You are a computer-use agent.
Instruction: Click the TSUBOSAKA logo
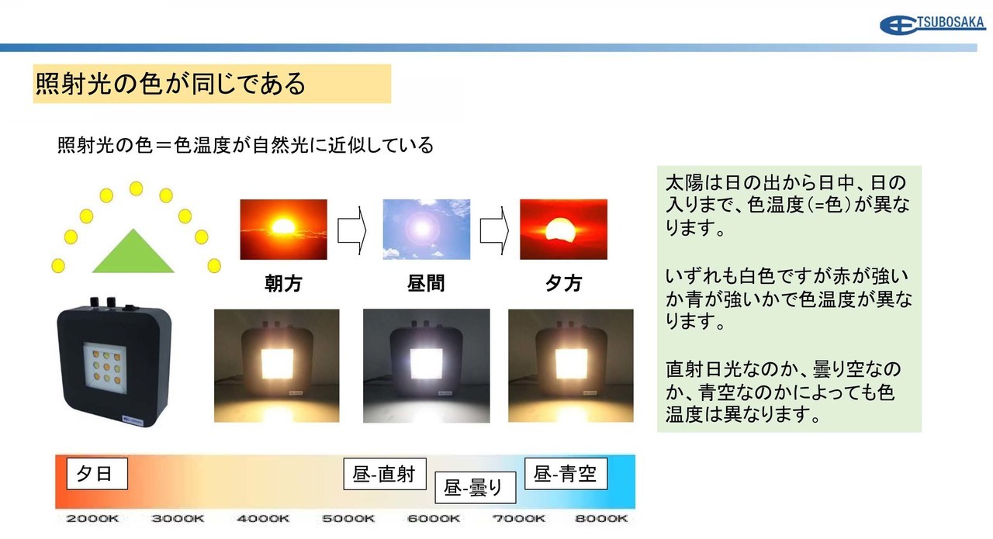pyautogui.click(x=932, y=24)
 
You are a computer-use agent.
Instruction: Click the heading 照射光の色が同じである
pyautogui.click(x=171, y=83)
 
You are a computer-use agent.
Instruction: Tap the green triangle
pyautogui.click(x=133, y=250)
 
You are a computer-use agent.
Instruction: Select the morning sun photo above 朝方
pyautogui.click(x=284, y=229)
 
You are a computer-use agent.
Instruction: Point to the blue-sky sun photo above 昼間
pyautogui.click(x=427, y=229)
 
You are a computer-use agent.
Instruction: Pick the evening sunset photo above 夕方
pyautogui.click(x=563, y=229)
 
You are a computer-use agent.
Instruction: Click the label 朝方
pyautogui.click(x=283, y=283)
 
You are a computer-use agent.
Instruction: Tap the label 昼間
pyautogui.click(x=426, y=283)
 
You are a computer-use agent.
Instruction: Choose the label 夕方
pyautogui.click(x=563, y=283)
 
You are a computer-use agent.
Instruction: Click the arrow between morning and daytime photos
pyautogui.click(x=352, y=230)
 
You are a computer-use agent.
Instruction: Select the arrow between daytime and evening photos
pyautogui.click(x=494, y=230)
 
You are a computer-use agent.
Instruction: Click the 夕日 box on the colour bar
pyautogui.click(x=97, y=473)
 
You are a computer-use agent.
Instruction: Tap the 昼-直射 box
pyautogui.click(x=385, y=474)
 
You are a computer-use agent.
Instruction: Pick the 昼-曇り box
pyautogui.click(x=476, y=488)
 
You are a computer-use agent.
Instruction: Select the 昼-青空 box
pyautogui.click(x=566, y=473)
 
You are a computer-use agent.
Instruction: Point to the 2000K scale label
pyautogui.click(x=92, y=518)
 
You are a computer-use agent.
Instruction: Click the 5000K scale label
pyautogui.click(x=348, y=518)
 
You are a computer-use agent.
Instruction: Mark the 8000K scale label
pyautogui.click(x=601, y=518)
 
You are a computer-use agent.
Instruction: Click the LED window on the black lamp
pyautogui.click(x=106, y=366)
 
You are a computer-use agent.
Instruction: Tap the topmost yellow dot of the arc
pyautogui.click(x=136, y=188)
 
